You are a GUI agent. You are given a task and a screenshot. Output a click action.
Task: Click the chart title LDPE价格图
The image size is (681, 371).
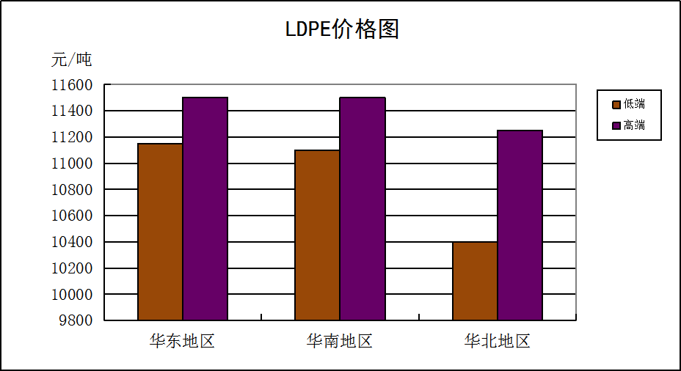[x=341, y=30]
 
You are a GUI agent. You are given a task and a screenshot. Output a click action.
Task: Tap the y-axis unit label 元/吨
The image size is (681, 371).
[x=71, y=59]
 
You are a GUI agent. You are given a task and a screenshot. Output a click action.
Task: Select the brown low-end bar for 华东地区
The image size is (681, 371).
[x=160, y=232]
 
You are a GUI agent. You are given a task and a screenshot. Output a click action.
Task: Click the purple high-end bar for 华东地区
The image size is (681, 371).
[x=205, y=208]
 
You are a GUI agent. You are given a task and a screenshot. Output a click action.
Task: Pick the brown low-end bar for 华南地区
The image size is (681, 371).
[x=317, y=235]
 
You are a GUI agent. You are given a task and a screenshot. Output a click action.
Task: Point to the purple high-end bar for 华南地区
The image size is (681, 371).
[x=362, y=208]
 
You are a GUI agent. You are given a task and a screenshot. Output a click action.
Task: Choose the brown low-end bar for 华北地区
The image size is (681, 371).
[x=475, y=281]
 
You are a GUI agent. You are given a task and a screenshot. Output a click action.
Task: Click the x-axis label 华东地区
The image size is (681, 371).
[x=182, y=341]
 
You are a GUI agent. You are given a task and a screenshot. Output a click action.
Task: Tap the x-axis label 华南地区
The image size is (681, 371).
[x=340, y=341]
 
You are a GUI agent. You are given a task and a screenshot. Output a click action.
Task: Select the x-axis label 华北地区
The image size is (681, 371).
[x=497, y=341]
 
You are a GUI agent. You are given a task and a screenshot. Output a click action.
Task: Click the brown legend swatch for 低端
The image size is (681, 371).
[x=616, y=104]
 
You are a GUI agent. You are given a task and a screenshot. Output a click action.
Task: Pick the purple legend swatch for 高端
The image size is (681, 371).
[x=616, y=125]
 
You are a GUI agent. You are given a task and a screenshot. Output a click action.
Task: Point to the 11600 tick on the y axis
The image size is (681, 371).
[x=72, y=85]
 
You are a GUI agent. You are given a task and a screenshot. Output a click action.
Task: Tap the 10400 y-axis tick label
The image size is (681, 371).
[x=72, y=242]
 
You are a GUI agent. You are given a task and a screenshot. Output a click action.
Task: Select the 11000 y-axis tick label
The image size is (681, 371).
[x=72, y=164]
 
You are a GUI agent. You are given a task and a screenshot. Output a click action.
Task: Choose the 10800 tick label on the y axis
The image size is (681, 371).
[x=72, y=190]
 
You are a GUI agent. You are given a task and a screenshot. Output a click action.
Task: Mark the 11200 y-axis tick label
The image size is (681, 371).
[x=72, y=137]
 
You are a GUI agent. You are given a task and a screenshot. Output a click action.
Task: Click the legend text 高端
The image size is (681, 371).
[x=634, y=125]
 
